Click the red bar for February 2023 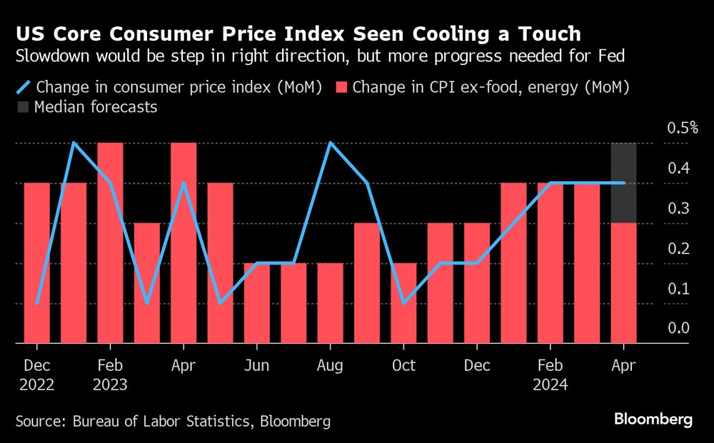click(110, 243)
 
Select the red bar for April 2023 click(183, 243)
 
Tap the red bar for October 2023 click(403, 303)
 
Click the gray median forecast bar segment click(623, 183)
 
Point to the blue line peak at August click(330, 143)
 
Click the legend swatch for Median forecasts click(23, 108)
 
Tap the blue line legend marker click(23, 88)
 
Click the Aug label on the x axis click(330, 365)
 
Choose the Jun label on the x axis click(256, 365)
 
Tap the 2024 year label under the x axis click(550, 385)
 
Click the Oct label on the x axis click(403, 365)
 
